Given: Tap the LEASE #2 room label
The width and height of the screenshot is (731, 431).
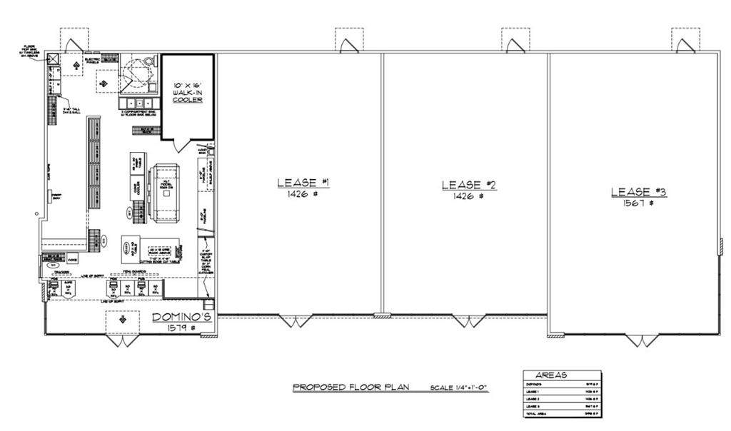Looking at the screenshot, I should click(x=468, y=185).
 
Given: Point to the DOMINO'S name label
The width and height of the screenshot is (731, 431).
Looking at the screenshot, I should click(x=182, y=317).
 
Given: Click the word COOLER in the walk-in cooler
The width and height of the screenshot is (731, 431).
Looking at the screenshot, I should click(x=188, y=99).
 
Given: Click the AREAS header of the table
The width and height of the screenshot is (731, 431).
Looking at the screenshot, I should click(x=552, y=374).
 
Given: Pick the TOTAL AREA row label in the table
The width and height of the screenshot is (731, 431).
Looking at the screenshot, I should click(x=536, y=413).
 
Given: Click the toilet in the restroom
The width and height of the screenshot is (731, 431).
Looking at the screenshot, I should click(x=148, y=61).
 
